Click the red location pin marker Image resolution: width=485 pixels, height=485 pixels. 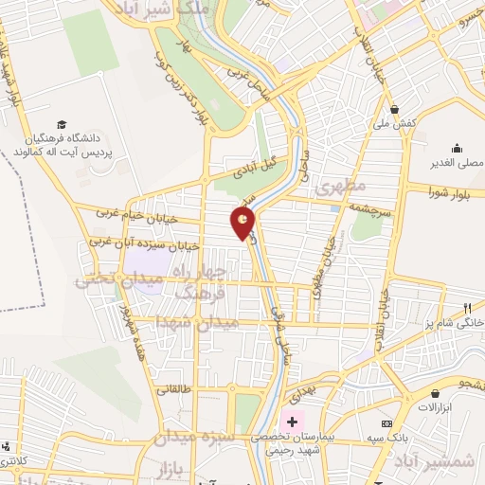[242, 224]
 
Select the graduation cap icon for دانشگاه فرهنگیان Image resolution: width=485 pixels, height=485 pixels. [61, 125]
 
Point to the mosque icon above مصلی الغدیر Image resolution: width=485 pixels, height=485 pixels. [458, 148]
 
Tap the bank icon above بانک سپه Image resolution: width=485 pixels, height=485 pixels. [386, 422]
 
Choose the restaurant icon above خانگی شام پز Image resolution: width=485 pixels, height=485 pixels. [467, 307]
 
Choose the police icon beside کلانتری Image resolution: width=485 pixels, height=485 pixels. [8, 446]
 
